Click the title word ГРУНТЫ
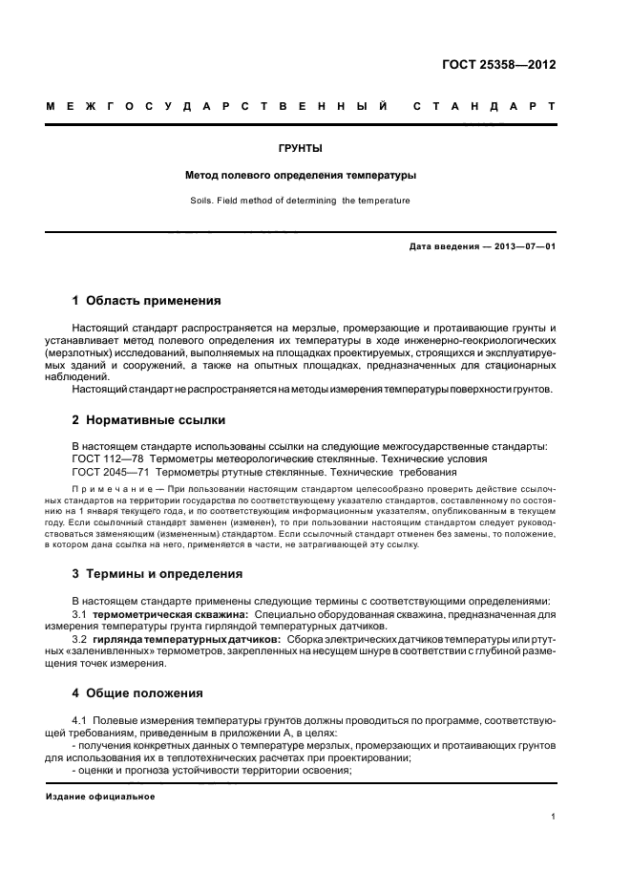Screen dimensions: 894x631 point(302,149)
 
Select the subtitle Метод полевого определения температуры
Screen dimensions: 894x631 point(301,176)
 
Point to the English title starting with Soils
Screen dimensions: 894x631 point(301,201)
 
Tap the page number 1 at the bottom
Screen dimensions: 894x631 point(554,818)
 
